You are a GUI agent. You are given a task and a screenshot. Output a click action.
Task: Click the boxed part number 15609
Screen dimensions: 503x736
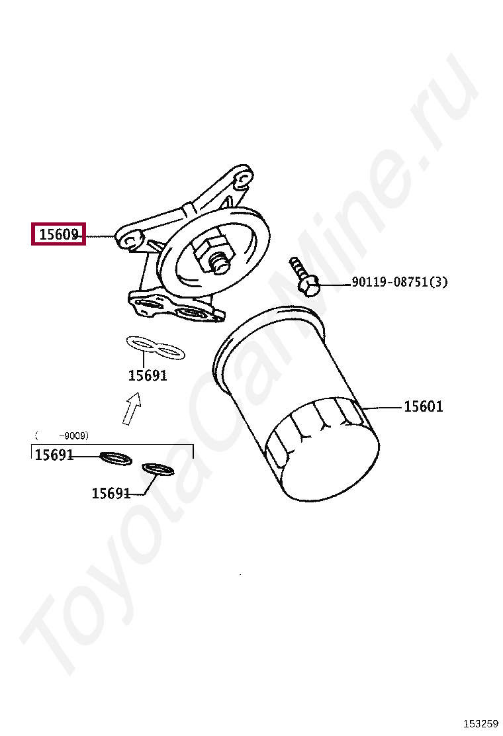click(59, 234)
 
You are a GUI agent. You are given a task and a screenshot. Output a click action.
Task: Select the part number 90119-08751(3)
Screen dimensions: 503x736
click(399, 282)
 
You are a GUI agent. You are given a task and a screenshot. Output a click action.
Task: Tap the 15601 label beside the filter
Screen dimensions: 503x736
click(423, 406)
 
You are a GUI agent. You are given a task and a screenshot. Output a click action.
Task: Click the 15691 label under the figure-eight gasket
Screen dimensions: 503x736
click(148, 375)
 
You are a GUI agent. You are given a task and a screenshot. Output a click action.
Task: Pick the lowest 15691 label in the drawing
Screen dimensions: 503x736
click(111, 493)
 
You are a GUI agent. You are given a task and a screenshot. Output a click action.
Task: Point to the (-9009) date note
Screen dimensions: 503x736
click(62, 436)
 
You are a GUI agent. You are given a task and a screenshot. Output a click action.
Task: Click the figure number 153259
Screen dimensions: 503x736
click(481, 723)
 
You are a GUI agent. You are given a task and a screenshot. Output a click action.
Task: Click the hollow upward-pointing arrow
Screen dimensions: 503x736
click(132, 408)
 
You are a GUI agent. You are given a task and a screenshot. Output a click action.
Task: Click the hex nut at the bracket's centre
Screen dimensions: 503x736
click(210, 253)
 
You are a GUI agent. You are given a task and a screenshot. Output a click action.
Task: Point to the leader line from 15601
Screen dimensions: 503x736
click(383, 408)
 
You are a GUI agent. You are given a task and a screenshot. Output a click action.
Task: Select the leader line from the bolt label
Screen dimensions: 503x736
click(334, 283)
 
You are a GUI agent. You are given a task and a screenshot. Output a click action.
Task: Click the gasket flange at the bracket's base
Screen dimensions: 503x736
click(176, 308)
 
